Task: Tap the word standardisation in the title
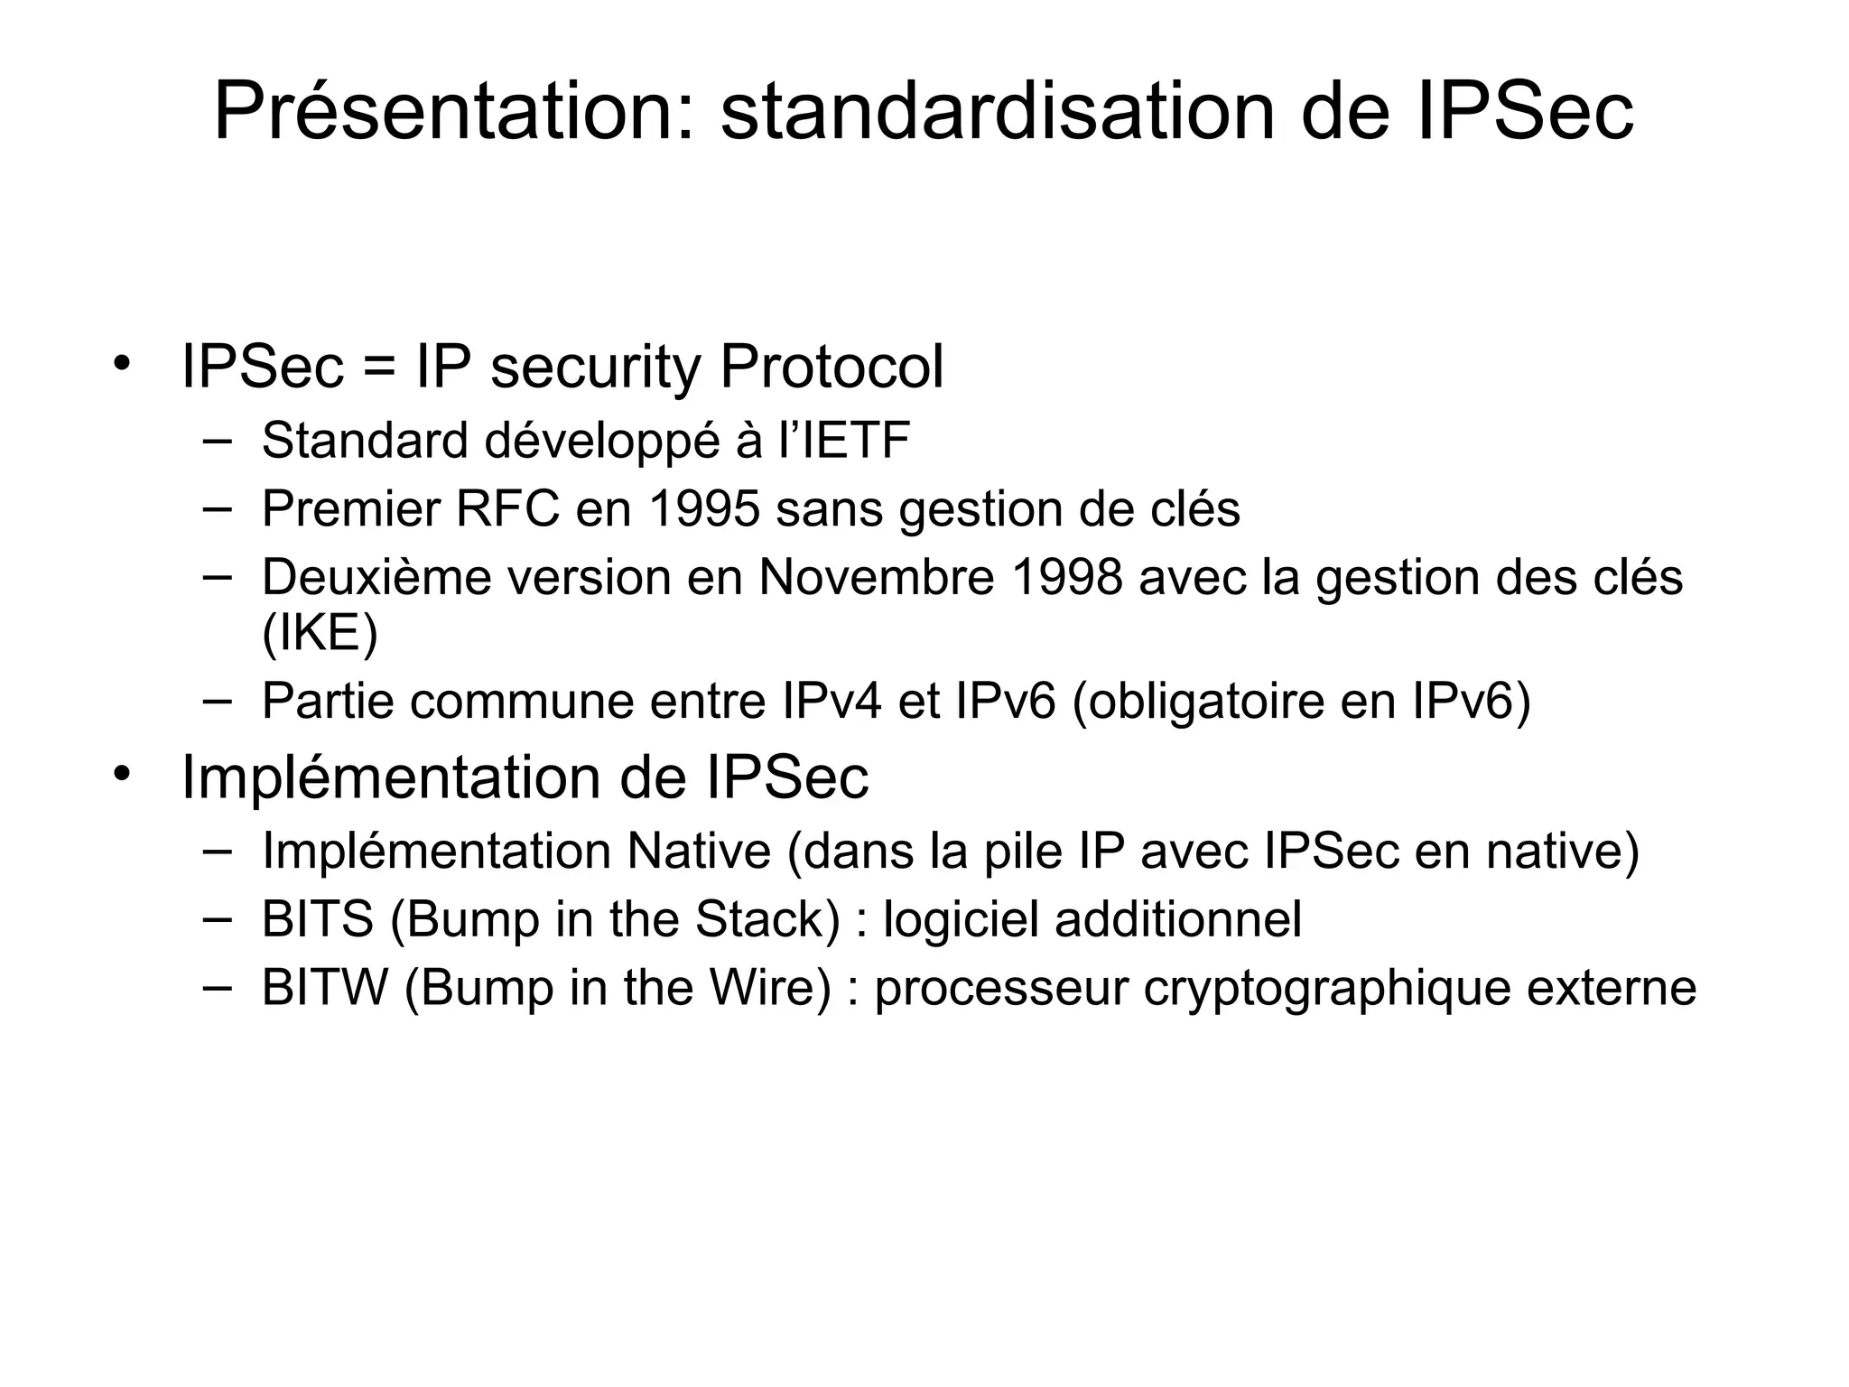[x=997, y=112]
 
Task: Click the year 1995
[x=704, y=509]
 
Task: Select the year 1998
[x=1067, y=578]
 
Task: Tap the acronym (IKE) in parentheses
[x=320, y=633]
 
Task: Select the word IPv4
[x=832, y=701]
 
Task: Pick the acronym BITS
[x=317, y=919]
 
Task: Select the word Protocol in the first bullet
[x=832, y=368]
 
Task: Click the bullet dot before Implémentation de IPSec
[x=122, y=773]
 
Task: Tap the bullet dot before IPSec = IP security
[x=122, y=363]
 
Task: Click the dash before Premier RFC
[x=217, y=508]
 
